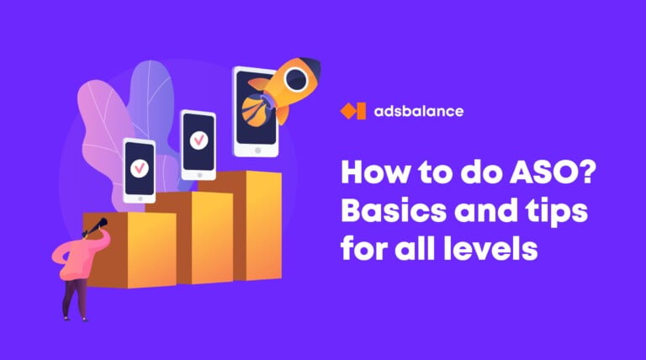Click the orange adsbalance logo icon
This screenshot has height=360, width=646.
coord(353,111)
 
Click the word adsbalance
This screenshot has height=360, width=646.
coord(419,111)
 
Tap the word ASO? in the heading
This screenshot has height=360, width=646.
coord(553,172)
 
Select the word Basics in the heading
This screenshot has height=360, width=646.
coord(394,210)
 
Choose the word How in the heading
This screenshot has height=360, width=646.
coord(375,172)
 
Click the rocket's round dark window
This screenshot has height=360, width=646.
coord(296,80)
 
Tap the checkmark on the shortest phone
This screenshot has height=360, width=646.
coord(140,168)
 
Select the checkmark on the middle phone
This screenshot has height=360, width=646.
coord(199,140)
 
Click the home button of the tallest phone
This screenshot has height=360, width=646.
coord(257,151)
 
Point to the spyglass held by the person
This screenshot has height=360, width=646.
coord(96,227)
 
